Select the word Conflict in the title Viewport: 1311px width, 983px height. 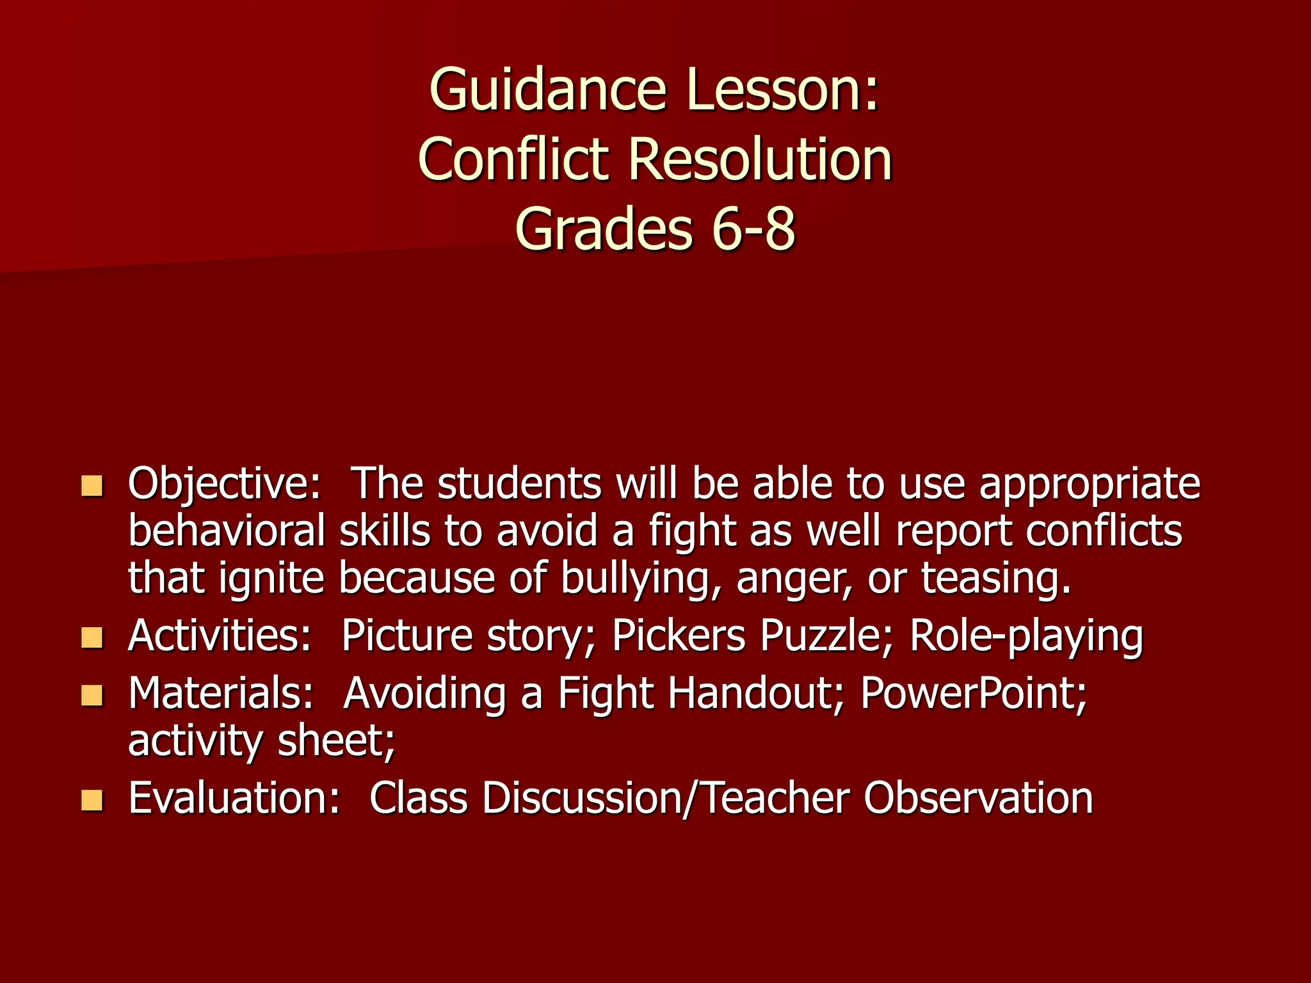(513, 160)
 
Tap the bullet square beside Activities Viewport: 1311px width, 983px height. (92, 638)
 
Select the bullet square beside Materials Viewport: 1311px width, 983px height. (92, 696)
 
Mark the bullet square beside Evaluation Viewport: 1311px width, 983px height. (92, 800)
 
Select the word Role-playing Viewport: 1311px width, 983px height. (1026, 637)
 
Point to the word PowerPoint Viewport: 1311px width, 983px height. (974, 694)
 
